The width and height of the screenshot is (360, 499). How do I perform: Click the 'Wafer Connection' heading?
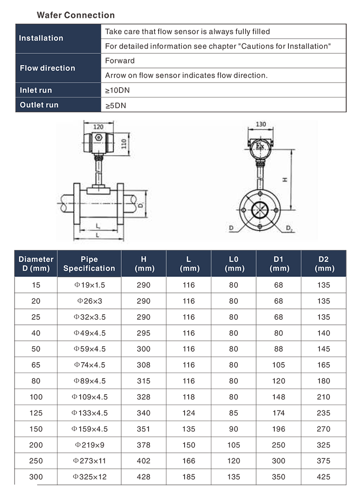point(76,15)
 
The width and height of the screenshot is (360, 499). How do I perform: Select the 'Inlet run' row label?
point(36,90)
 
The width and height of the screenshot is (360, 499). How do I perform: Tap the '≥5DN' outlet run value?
point(116,105)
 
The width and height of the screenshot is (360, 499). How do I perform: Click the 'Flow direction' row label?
point(47,68)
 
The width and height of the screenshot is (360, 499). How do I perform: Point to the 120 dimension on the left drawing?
point(98,127)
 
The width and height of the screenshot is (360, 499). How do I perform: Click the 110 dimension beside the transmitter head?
point(123,144)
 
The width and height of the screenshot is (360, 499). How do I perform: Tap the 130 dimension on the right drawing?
point(261,124)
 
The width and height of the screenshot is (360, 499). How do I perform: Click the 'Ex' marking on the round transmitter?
point(260,146)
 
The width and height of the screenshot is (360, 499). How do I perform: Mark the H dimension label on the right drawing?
point(284,180)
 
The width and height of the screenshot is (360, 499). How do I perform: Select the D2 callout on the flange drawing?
point(290,228)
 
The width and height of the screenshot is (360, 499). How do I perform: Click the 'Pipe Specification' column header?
point(89,264)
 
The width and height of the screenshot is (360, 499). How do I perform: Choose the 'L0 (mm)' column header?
point(234,264)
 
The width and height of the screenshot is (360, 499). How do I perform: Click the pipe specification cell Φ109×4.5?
point(89,397)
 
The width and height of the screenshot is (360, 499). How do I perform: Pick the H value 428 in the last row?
point(144,477)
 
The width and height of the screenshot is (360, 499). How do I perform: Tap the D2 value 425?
point(324,477)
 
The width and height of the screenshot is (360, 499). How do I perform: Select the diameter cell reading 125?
point(36,413)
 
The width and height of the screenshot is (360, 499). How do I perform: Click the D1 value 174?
point(278,413)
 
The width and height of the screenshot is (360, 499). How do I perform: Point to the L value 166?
point(188,461)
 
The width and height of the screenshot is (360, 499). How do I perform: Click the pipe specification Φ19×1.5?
point(89,285)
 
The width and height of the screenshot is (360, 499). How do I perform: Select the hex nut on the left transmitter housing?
point(98,138)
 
